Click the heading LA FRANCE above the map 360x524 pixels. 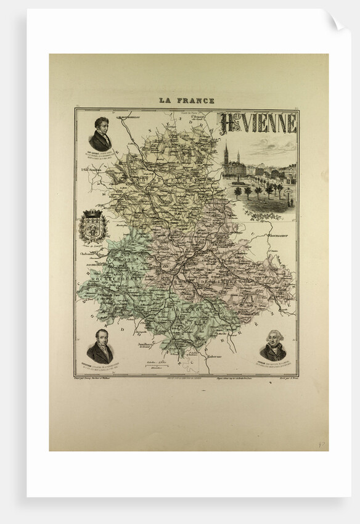coord(186,100)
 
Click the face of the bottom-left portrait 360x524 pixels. coord(100,338)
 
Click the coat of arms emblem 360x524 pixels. coord(94,226)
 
